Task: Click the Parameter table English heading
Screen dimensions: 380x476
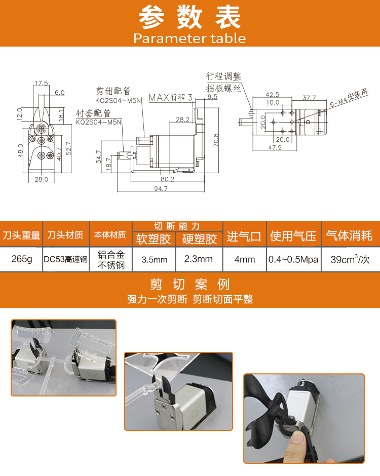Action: (x=189, y=38)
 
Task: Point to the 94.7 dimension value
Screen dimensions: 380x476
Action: (x=161, y=188)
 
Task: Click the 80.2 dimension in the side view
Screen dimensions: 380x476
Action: (x=167, y=179)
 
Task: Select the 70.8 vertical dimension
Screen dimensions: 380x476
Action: (x=216, y=140)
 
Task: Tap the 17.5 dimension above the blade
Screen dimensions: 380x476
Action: (x=42, y=83)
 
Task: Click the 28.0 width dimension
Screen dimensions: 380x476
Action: (x=42, y=179)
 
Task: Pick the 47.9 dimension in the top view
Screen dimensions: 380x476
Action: (x=275, y=147)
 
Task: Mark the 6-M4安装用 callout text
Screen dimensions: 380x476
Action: (x=349, y=97)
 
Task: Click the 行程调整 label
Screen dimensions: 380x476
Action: (x=223, y=76)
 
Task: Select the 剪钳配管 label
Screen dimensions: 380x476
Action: (x=113, y=91)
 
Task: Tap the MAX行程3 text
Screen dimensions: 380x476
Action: (x=171, y=97)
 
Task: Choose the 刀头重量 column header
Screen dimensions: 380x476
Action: (x=21, y=235)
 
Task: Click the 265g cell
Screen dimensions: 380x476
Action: (x=22, y=259)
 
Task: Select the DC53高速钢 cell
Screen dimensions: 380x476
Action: (x=65, y=259)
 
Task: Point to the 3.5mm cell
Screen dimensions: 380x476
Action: (x=155, y=260)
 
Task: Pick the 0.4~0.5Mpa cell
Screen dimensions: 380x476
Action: (x=293, y=260)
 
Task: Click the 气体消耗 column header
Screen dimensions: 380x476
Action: (x=349, y=235)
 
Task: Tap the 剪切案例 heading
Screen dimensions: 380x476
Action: (x=190, y=285)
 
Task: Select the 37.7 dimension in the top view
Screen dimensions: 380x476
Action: (x=309, y=98)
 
